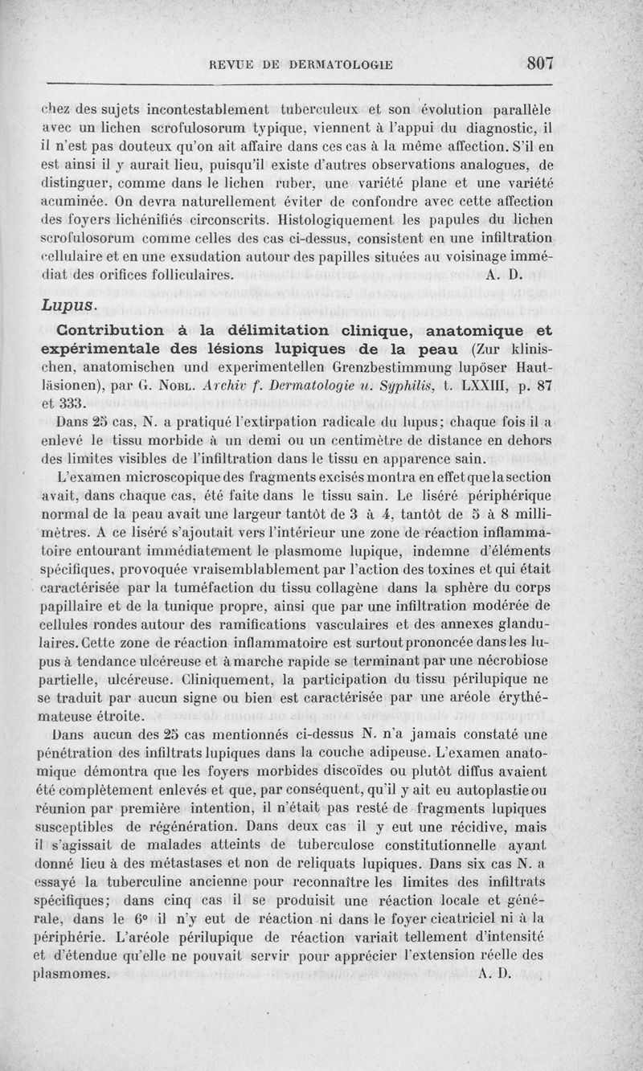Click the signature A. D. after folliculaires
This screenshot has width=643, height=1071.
click(x=505, y=274)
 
